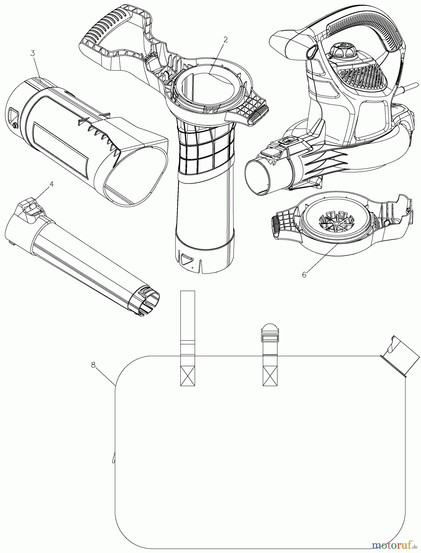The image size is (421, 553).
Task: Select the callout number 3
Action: pyautogui.click(x=33, y=53)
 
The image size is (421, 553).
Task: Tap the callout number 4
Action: pyautogui.click(x=52, y=184)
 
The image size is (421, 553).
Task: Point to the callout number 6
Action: pyautogui.click(x=304, y=275)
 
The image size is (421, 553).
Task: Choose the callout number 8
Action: pyautogui.click(x=93, y=365)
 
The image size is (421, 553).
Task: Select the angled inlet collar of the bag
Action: pyautogui.click(x=400, y=356)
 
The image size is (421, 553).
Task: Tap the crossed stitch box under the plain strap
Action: pyautogui.click(x=187, y=376)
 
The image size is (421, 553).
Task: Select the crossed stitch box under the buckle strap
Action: pyautogui.click(x=270, y=376)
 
